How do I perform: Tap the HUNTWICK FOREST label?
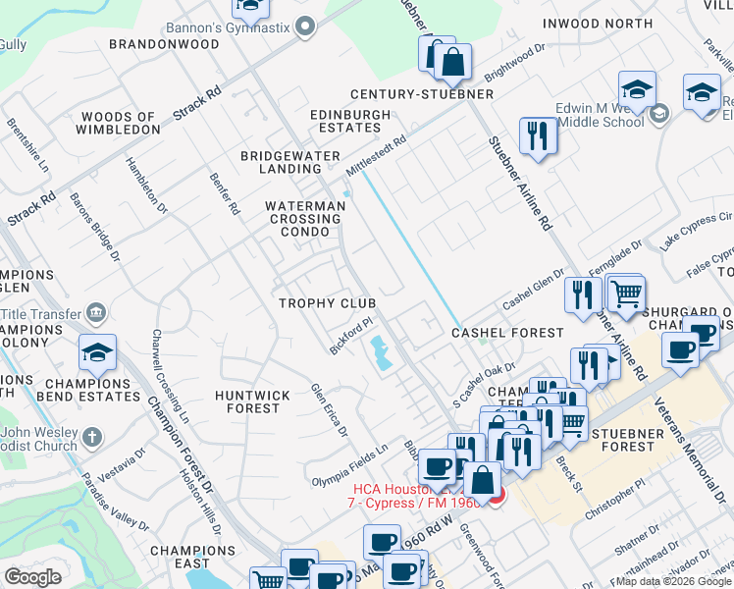[x=252, y=402]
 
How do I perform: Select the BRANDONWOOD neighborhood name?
[x=164, y=44]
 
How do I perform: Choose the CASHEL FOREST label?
[x=507, y=334]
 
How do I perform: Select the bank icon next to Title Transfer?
[x=96, y=313]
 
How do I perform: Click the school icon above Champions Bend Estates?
[x=98, y=352]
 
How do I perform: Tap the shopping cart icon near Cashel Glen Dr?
[x=625, y=293]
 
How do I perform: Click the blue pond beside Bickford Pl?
[x=380, y=352]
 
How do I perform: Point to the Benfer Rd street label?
[x=225, y=193]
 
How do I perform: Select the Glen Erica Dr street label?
[x=330, y=409]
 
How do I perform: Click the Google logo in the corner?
[x=33, y=577]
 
